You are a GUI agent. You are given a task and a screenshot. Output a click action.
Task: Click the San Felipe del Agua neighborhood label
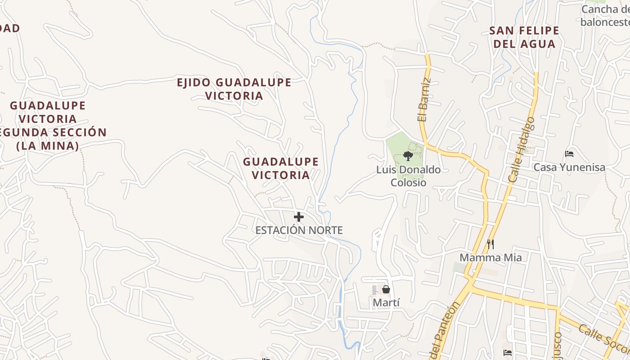coord(524,37)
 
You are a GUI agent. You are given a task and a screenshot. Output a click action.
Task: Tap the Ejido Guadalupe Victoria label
coord(234,89)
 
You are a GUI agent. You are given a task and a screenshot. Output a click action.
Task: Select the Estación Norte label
coord(299,230)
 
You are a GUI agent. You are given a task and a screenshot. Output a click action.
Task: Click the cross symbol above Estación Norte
coord(298,217)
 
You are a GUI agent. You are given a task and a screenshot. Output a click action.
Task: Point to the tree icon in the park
coord(408,156)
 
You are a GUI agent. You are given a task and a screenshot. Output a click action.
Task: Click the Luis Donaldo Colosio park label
coord(408,176)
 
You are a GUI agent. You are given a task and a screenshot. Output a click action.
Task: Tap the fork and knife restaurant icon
coord(490,244)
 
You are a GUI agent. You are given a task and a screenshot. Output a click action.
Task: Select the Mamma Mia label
coord(490,258)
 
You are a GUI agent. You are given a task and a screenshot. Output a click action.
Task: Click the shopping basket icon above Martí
coord(386,289)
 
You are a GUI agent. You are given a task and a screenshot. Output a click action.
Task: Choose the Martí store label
coord(386,303)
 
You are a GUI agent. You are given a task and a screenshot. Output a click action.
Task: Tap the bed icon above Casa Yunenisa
coord(569,154)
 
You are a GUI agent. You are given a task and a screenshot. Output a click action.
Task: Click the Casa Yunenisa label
coord(569,167)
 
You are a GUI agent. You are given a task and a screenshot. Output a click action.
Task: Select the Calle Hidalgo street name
coord(522,149)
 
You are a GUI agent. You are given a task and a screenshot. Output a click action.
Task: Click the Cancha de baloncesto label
coord(605,16)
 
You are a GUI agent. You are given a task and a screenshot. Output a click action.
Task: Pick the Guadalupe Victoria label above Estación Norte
coord(281,168)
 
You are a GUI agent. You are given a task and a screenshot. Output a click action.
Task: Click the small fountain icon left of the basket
coord(374,290)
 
